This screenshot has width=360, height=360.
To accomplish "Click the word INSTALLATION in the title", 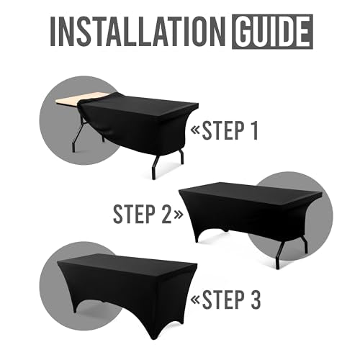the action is coord(138,32).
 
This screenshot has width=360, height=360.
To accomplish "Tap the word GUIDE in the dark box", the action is coord(272,32).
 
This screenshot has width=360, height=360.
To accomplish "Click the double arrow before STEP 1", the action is coord(196,130).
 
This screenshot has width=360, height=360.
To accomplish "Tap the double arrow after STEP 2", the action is coord(178,215).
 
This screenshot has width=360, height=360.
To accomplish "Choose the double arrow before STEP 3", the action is coord(196,300).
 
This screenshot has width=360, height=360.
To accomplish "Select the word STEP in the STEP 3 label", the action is coord(223,300).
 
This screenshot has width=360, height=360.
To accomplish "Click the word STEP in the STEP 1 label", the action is coord(223,131).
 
